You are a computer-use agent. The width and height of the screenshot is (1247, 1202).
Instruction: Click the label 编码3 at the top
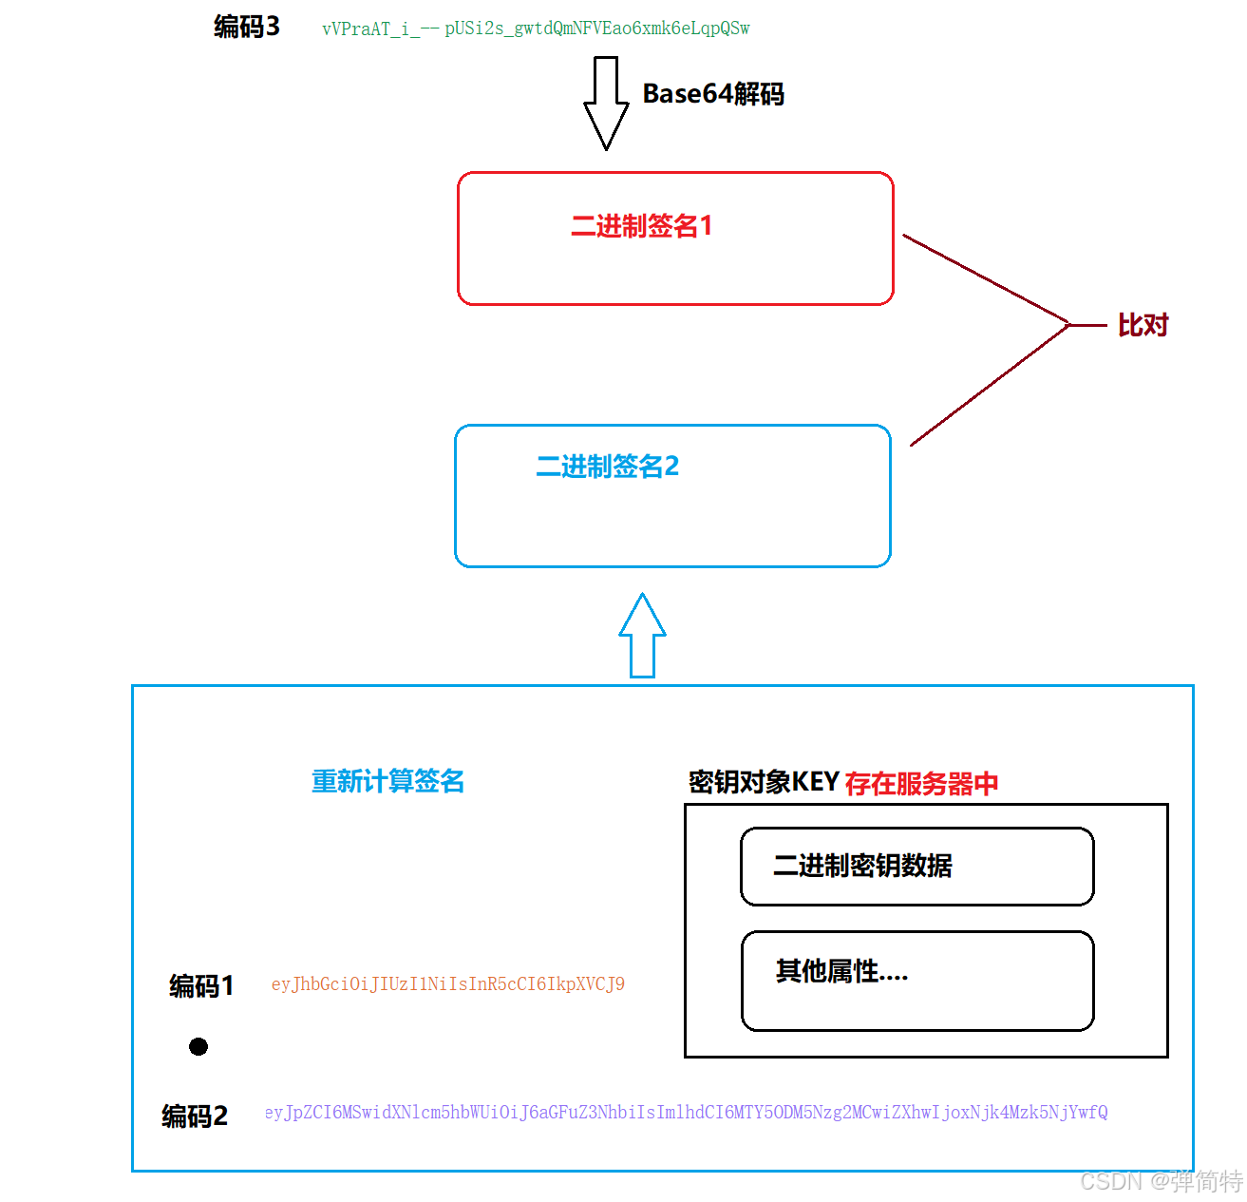click(x=247, y=27)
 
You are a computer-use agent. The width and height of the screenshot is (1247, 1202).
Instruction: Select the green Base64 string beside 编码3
click(x=536, y=29)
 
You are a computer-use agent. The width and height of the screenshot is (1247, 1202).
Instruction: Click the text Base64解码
click(x=713, y=94)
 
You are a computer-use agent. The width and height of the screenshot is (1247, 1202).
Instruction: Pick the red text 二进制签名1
click(x=641, y=226)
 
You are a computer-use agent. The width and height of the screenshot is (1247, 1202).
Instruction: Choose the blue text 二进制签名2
click(x=608, y=467)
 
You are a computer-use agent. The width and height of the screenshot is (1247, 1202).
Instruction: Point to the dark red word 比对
click(x=1143, y=326)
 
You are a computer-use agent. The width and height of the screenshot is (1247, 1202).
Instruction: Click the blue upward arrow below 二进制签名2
click(x=643, y=636)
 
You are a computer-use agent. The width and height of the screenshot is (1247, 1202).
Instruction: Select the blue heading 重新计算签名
click(x=387, y=781)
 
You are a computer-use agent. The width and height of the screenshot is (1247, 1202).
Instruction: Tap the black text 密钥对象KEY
click(x=764, y=782)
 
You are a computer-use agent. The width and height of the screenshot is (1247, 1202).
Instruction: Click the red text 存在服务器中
click(x=921, y=784)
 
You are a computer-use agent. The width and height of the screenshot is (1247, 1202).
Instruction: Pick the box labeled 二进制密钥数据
click(x=916, y=867)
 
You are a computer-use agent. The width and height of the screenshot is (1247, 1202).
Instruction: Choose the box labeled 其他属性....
click(x=916, y=981)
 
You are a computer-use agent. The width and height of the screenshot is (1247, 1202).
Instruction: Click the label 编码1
click(x=201, y=986)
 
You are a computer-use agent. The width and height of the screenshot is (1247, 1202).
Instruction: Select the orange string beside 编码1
click(x=448, y=984)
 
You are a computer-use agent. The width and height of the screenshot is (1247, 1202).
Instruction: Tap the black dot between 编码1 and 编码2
click(x=198, y=1046)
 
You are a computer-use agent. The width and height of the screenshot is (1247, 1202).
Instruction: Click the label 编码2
click(x=195, y=1116)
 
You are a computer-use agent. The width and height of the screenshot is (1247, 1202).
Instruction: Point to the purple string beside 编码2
click(x=686, y=1113)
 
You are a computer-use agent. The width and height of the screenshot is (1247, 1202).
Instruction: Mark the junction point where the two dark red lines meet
click(x=1069, y=325)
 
